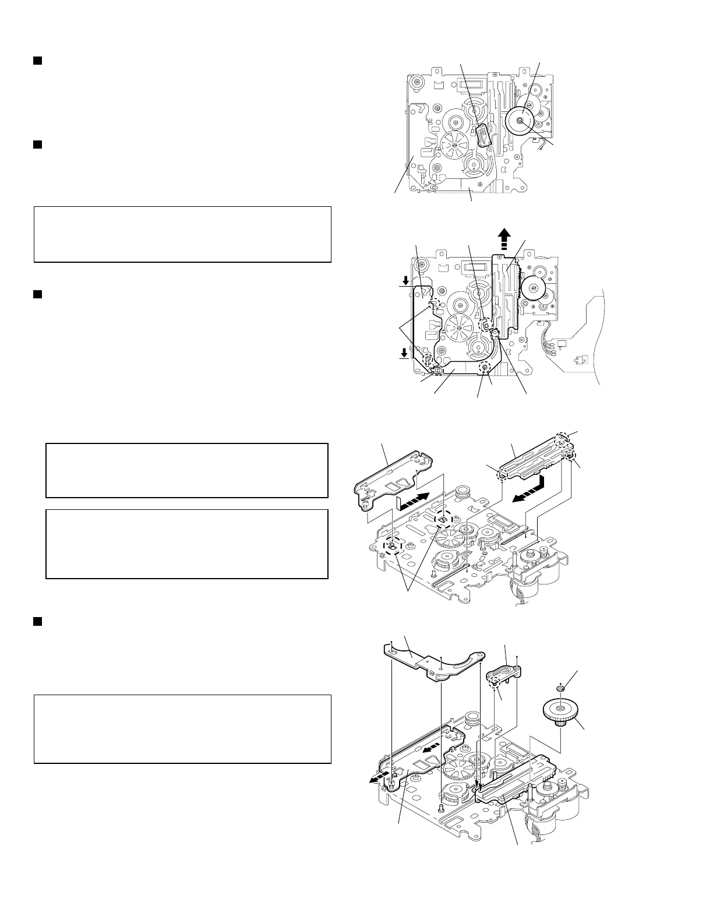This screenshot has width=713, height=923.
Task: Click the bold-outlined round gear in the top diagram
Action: (520, 121)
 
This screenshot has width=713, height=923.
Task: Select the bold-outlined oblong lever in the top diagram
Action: (484, 135)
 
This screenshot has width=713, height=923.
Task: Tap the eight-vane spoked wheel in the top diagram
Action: (455, 144)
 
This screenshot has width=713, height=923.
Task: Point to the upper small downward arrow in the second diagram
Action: (405, 280)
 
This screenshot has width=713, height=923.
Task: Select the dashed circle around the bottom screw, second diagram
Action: (484, 368)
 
